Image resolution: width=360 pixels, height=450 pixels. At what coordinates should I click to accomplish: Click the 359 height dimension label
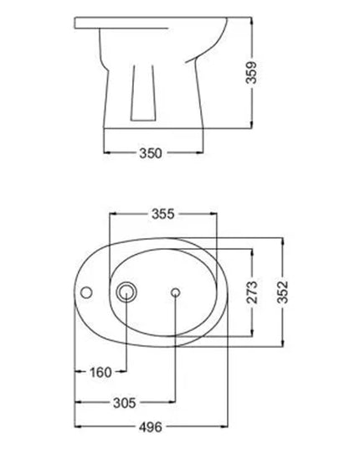click(x=251, y=72)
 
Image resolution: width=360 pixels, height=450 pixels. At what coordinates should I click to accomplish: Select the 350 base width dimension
click(x=151, y=153)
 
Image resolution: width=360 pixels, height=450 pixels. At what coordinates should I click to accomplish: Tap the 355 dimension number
click(x=162, y=214)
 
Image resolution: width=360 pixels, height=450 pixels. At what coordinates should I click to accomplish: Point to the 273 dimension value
click(x=252, y=292)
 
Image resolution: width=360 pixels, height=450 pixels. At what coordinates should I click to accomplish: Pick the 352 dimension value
click(x=283, y=292)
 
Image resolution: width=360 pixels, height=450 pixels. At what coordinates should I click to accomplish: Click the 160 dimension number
click(x=100, y=372)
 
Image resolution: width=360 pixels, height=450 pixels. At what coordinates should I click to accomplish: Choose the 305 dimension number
click(x=125, y=403)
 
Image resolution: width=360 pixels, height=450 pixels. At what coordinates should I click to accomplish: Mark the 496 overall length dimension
click(x=151, y=427)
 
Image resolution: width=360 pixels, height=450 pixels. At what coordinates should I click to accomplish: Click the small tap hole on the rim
click(x=86, y=292)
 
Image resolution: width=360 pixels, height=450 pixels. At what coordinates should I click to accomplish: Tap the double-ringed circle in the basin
click(x=126, y=292)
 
